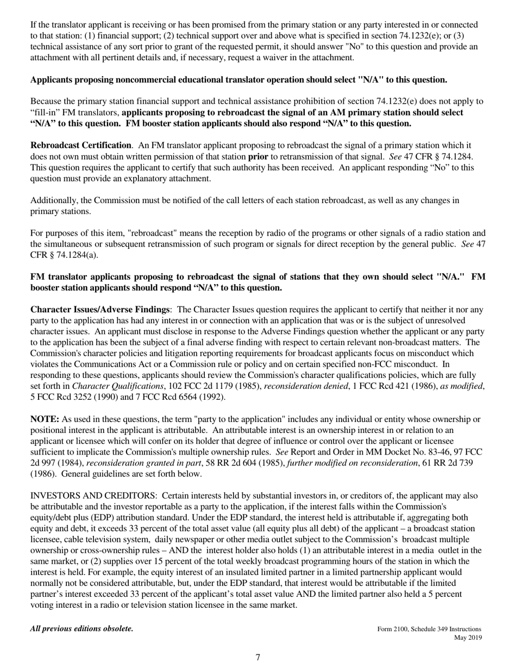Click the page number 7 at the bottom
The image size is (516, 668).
coord(258,658)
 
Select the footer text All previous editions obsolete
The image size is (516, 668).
coord(81,629)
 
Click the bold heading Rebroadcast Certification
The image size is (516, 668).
coord(80,146)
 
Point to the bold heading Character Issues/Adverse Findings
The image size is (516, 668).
coord(100,310)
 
